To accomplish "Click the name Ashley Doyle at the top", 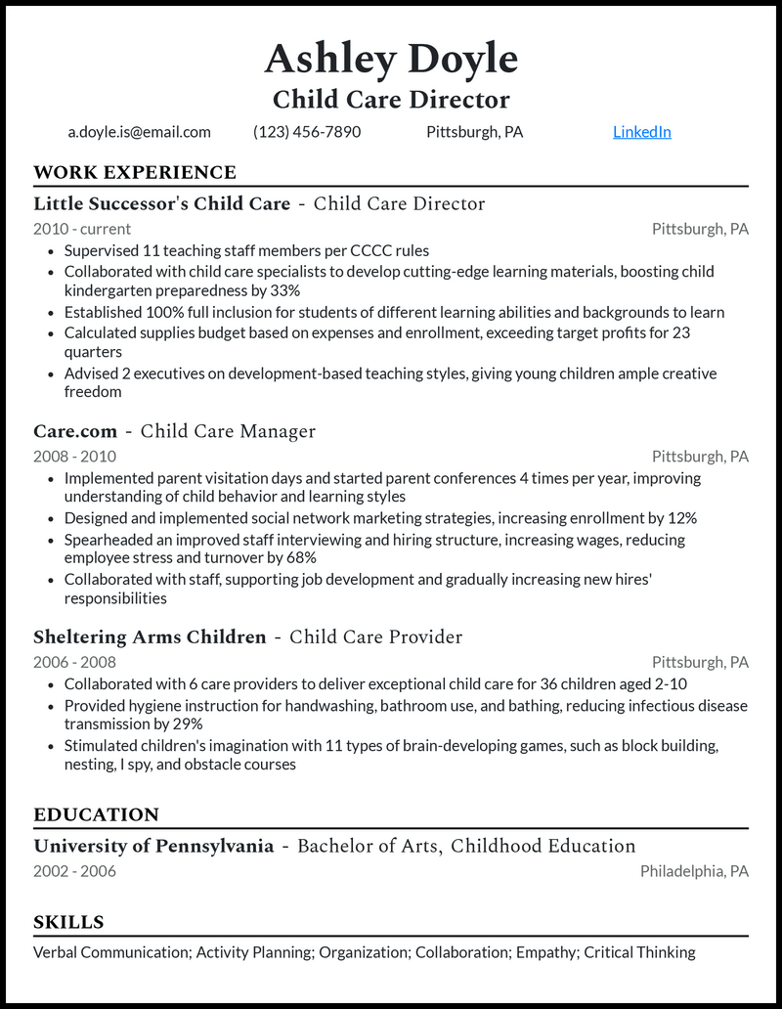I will coord(391,60).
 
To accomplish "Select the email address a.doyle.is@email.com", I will coord(139,132).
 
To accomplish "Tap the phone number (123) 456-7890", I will coord(307,132).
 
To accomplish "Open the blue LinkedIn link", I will coord(641,132).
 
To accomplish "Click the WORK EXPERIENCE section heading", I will coord(135,173).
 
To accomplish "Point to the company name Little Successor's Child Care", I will coord(162,204).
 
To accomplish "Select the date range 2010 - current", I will coord(82,229).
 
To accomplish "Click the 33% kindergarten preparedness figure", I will coord(283,290).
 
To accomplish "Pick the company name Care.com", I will coord(75,431).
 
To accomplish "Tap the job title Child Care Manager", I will coord(228,431).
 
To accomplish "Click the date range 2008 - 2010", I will coord(74,456).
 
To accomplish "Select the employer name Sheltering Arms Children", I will coord(150,637).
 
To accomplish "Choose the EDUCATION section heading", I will coord(96,815).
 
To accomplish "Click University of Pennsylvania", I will coord(153,847).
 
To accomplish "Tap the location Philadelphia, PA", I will coord(694,871).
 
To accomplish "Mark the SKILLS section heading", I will coord(68,923).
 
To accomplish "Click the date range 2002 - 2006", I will coord(74,871).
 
